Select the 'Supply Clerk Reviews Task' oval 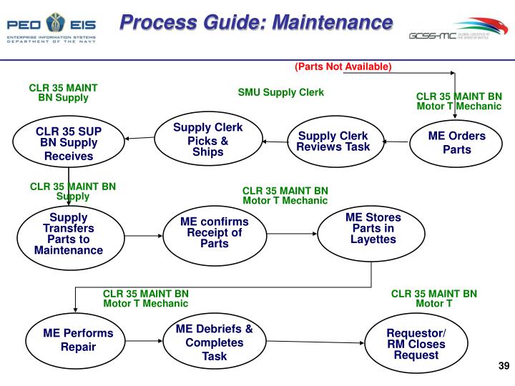[x=333, y=142]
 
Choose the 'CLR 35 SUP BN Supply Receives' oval [x=69, y=144]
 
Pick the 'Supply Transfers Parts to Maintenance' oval [x=69, y=234]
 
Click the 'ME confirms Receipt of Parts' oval [x=214, y=233]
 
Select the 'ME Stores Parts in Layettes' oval [x=373, y=228]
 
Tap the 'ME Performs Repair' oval [x=78, y=340]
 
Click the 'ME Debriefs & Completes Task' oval [x=214, y=342]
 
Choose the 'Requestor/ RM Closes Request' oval [x=416, y=344]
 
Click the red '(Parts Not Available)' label [x=343, y=66]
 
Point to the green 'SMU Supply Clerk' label [x=281, y=92]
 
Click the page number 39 [x=502, y=367]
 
